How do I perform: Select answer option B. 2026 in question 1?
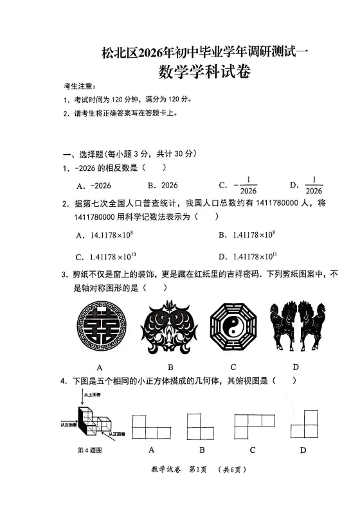point(163,185)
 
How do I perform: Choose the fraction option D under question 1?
point(307,185)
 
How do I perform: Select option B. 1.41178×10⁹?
point(248,235)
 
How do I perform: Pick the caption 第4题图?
point(89,450)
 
